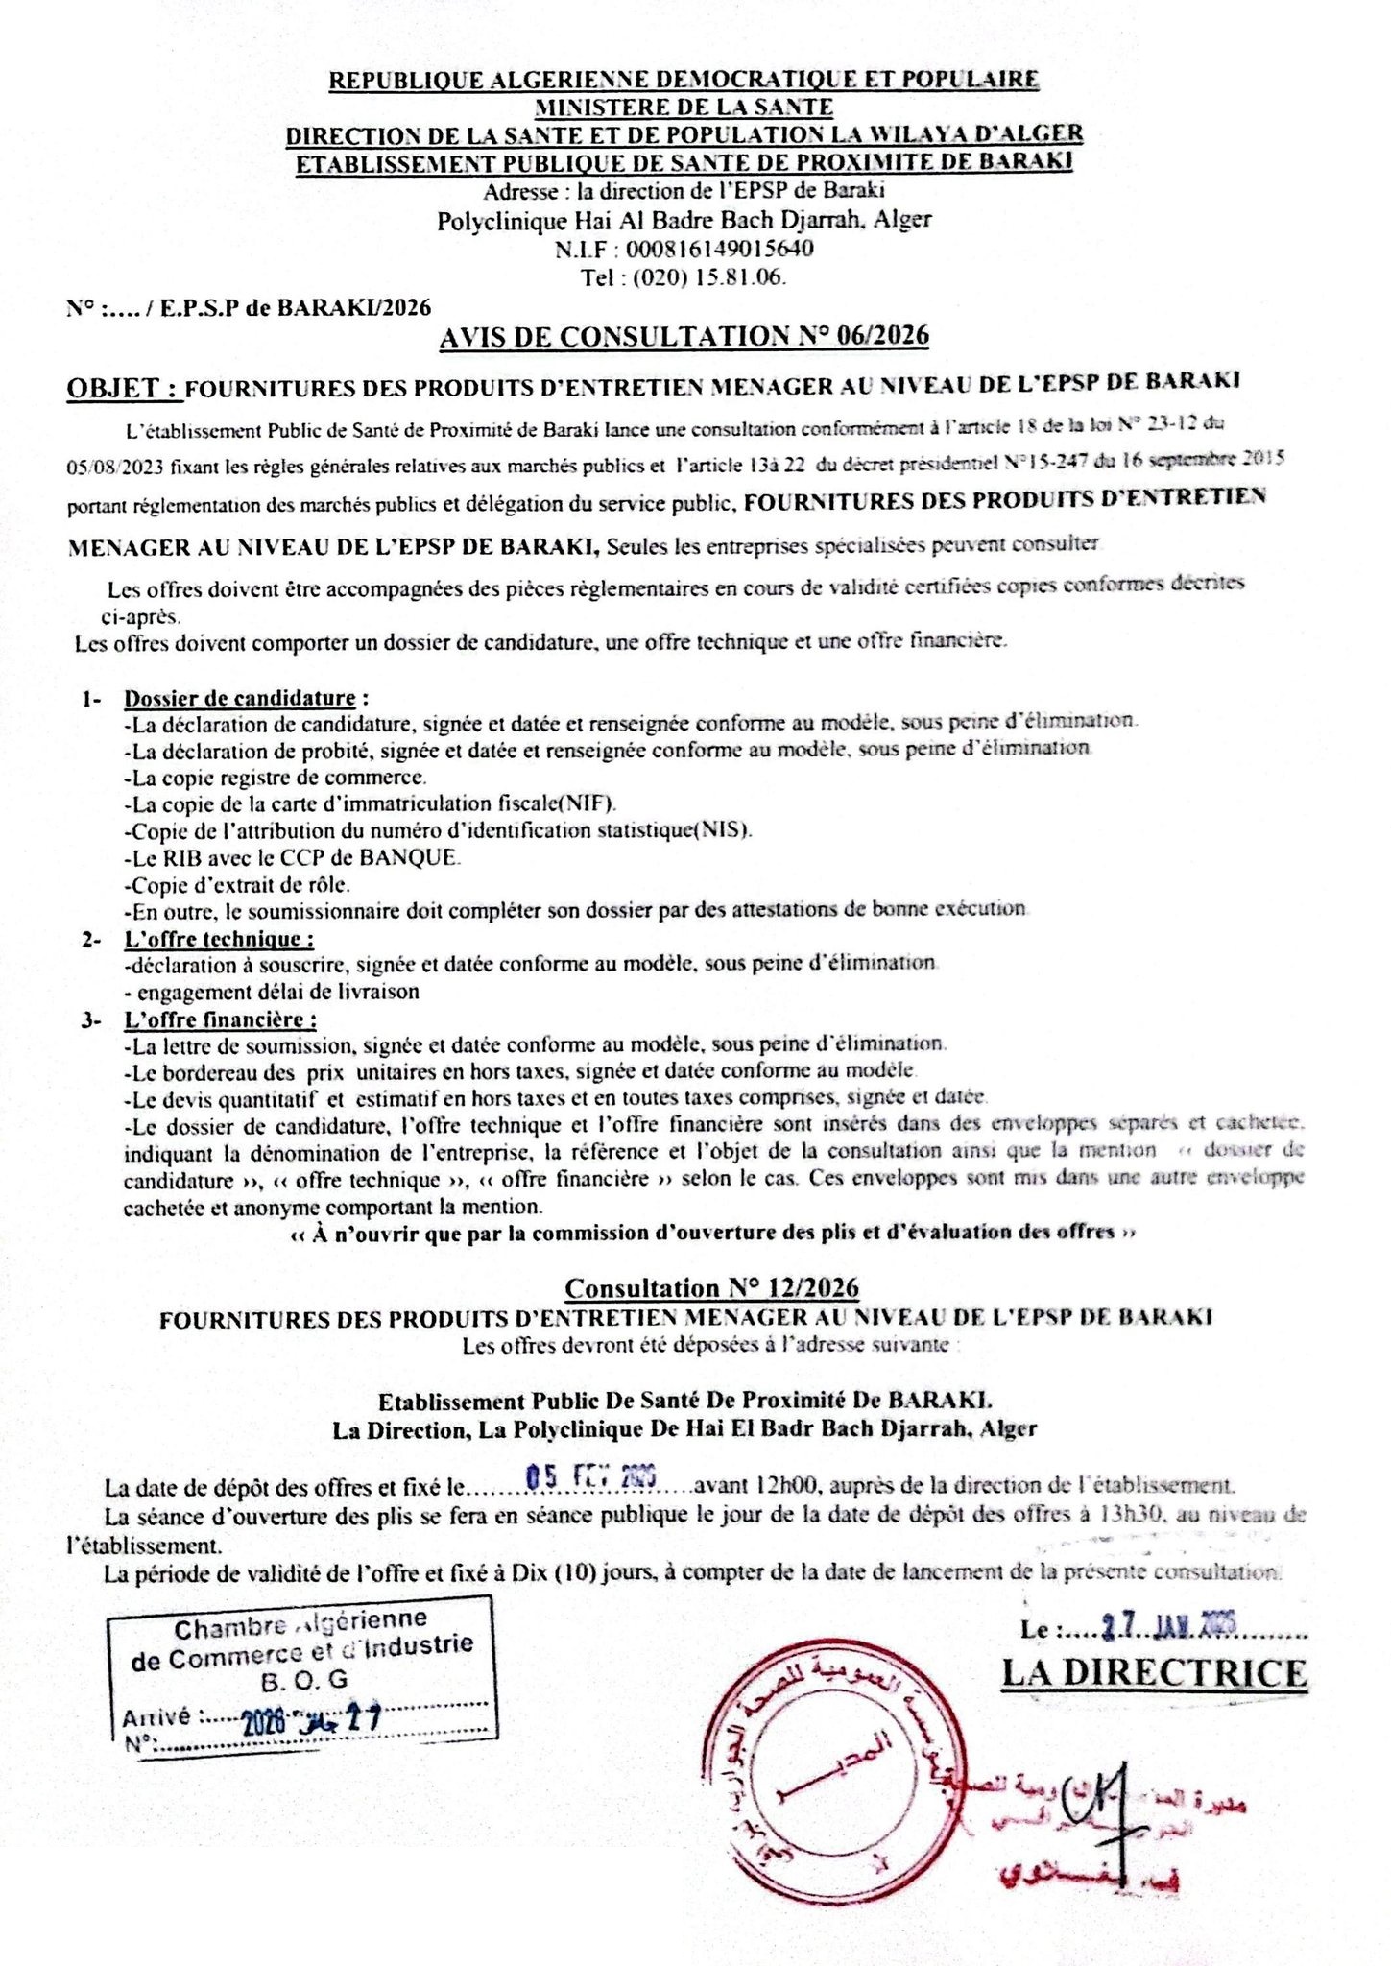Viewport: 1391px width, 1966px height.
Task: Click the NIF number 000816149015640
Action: [719, 250]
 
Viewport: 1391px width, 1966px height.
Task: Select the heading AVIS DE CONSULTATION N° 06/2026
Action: [684, 336]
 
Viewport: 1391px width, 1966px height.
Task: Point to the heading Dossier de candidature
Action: [240, 698]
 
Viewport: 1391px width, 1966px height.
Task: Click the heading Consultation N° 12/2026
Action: [711, 1288]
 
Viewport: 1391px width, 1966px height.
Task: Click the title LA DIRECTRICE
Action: [1154, 1672]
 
